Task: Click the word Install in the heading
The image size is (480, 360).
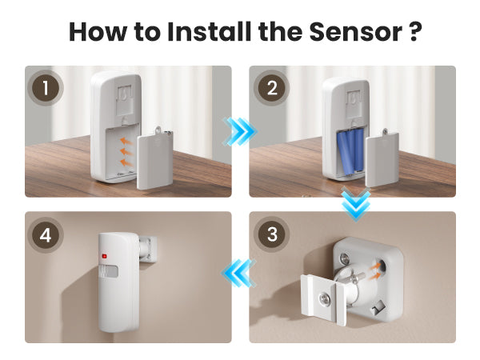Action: (x=210, y=31)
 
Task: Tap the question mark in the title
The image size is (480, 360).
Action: (x=415, y=31)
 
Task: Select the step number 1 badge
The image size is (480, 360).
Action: (x=46, y=88)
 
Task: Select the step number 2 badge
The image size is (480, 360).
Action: (x=272, y=88)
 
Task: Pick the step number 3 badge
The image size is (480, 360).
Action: (x=272, y=234)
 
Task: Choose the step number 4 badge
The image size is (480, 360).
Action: (x=46, y=235)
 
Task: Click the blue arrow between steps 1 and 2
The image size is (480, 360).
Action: (x=240, y=132)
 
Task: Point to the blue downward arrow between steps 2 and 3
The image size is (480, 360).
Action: (x=356, y=203)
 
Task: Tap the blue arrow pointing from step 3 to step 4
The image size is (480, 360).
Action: (x=238, y=273)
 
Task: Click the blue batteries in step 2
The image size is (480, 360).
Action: (x=350, y=152)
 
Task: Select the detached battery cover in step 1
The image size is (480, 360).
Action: (x=155, y=158)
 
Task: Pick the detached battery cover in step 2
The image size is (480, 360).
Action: (x=382, y=158)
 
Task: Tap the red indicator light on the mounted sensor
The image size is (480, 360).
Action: (x=104, y=256)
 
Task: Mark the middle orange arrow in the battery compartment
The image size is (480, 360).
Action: (x=126, y=151)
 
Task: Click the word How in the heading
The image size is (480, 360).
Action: (x=98, y=31)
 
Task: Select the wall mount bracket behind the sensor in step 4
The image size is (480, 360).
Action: (x=148, y=250)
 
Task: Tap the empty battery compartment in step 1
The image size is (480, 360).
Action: (x=122, y=152)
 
